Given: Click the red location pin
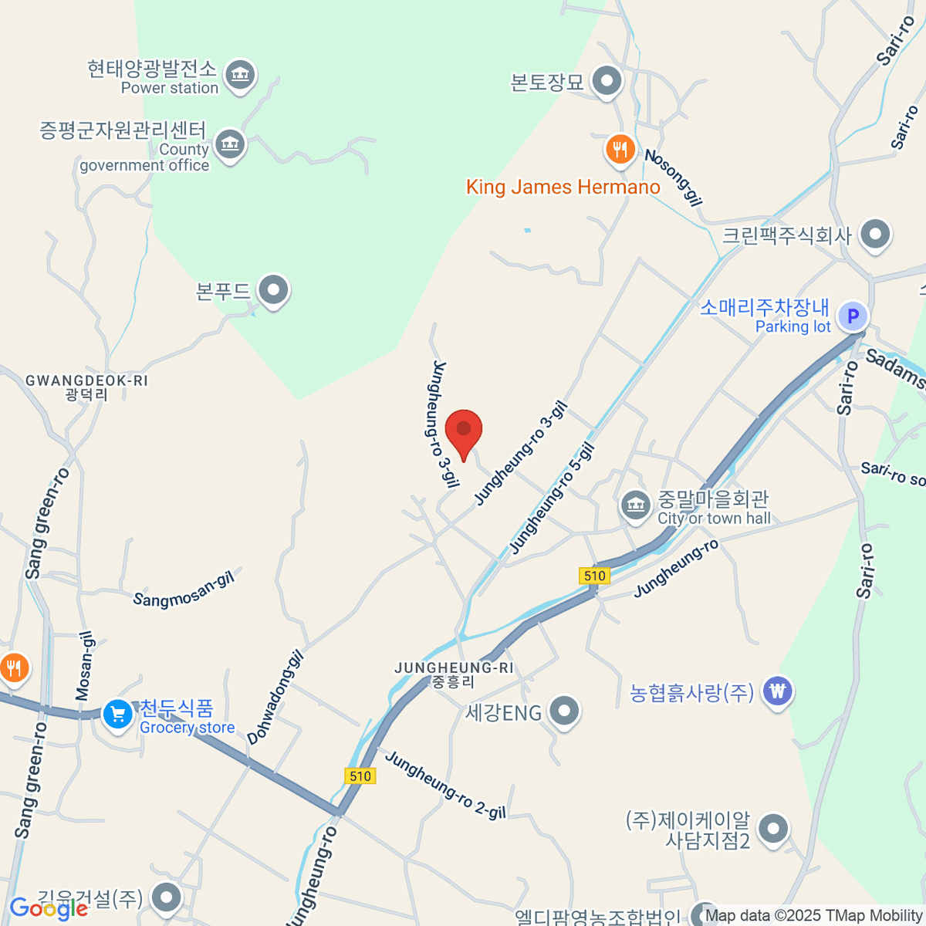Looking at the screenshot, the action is coord(464,431).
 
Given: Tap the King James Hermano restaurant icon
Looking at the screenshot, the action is coord(620,149).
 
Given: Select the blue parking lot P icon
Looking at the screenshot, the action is coord(853,316).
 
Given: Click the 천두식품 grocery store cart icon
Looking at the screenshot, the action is coord(117,715).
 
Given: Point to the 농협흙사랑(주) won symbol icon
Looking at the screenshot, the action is coord(777,691).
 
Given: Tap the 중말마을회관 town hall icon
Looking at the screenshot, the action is coord(635,506).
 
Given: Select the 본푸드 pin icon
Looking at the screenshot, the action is coord(272,292).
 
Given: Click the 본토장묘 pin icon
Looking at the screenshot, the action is coord(607,81).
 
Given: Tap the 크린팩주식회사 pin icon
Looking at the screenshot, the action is coord(874,235).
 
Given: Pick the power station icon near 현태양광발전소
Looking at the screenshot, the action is coord(240,75).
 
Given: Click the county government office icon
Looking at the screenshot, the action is coord(230,144).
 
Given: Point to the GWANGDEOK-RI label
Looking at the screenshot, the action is coord(86,381).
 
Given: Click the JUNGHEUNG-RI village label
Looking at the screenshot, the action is coord(453,667).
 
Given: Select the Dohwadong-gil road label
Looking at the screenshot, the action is coord(275,698).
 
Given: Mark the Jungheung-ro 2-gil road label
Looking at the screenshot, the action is coord(445,785).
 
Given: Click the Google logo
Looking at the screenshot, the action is coord(48,908).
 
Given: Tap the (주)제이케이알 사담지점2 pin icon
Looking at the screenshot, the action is coord(772,830).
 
